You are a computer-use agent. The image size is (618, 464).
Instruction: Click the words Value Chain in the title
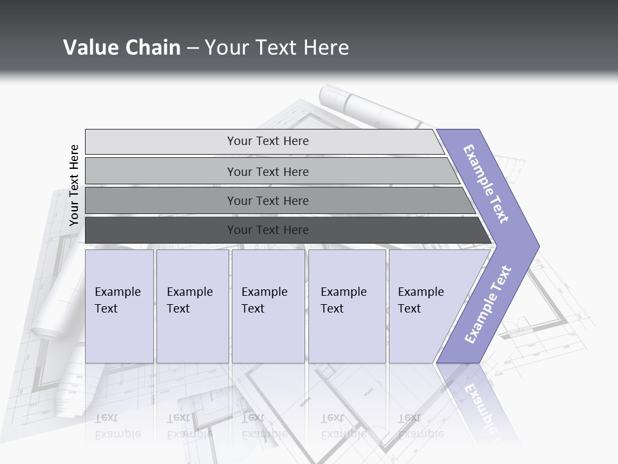coord(122,47)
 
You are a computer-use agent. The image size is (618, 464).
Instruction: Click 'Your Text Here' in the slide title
coord(277,47)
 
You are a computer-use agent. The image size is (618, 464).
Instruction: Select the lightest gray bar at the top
coord(267,141)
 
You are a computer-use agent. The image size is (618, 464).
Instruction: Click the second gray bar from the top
coord(267,171)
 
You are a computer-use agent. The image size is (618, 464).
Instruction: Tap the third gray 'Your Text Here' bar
coord(267,200)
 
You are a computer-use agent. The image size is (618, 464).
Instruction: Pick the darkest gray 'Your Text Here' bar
coord(267,230)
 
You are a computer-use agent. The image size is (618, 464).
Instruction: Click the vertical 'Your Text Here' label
coord(74,185)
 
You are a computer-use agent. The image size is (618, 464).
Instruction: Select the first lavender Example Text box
coord(119,307)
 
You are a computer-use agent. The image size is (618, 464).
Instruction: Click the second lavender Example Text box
coord(192,307)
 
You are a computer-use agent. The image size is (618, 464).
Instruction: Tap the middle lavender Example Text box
coord(268,307)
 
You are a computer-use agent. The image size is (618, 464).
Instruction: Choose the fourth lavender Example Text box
coord(347,307)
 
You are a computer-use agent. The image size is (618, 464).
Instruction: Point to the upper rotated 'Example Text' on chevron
coord(486,183)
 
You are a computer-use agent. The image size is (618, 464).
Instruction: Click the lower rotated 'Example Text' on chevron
coord(487,304)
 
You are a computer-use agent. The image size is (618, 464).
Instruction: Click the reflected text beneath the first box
coord(117,426)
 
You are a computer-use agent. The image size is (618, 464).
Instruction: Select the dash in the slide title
coord(192,48)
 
